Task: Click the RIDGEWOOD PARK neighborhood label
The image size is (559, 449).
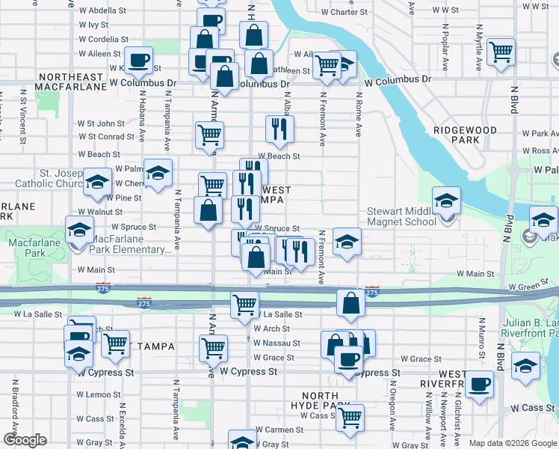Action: pos(465,135)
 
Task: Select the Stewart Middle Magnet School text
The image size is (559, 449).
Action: pos(401,217)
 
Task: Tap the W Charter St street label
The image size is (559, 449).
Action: pos(344,12)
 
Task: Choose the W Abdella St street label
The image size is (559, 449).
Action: pos(102,10)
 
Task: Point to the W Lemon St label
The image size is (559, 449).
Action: pos(93,394)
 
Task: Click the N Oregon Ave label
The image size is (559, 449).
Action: pos(392,407)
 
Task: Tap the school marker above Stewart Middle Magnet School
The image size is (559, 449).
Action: pos(446,200)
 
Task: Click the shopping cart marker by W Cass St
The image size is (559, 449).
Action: pos(349,418)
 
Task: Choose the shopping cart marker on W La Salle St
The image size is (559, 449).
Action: pos(244,305)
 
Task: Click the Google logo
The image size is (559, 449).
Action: pos(25,440)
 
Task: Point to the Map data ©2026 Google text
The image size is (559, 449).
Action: pos(512,442)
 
